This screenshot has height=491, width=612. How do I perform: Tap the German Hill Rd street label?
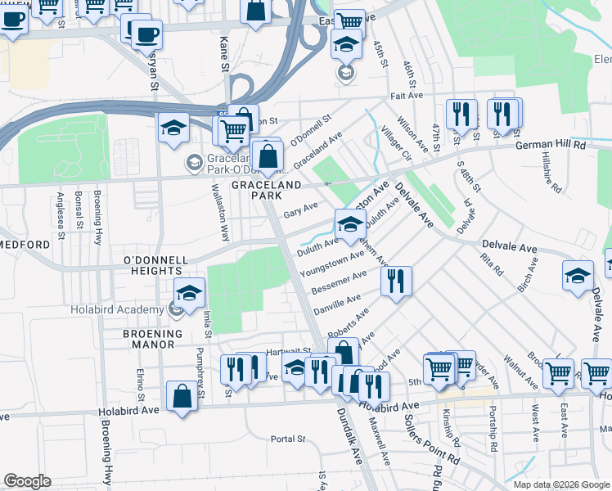click(x=550, y=145)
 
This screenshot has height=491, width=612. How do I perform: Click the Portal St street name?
click(x=287, y=439)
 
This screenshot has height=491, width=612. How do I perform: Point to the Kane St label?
click(x=223, y=52)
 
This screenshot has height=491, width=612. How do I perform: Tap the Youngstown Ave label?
click(x=331, y=264)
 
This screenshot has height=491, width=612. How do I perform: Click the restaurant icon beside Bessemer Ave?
click(x=396, y=281)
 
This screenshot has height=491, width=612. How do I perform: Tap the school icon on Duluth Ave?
click(x=349, y=223)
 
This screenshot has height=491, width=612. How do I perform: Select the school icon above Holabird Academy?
click(x=188, y=292)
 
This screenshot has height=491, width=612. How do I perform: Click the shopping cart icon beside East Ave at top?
click(x=349, y=21)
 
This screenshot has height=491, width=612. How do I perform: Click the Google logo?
click(x=27, y=482)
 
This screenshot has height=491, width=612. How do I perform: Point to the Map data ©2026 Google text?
click(x=561, y=484)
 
